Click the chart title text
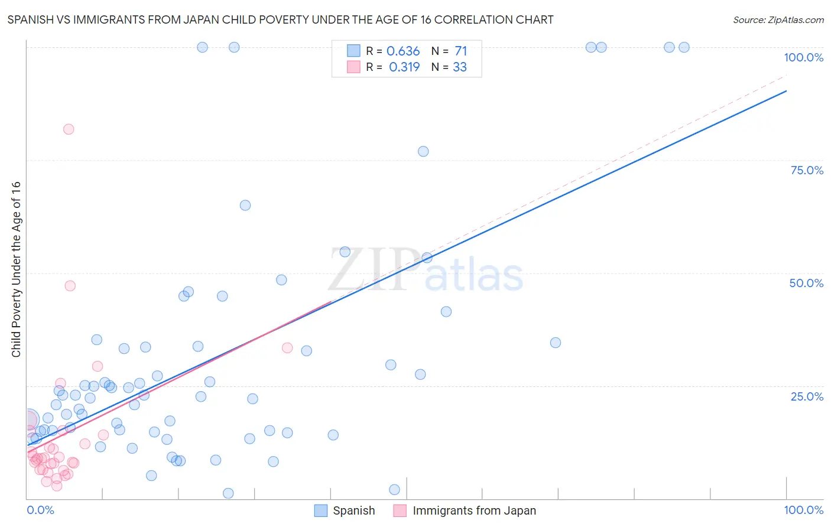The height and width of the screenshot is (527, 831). coord(280,19)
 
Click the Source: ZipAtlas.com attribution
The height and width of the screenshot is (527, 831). coord(778,19)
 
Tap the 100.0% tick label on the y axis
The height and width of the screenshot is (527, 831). coord(803,57)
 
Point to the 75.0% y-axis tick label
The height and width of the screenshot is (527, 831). coord(807,170)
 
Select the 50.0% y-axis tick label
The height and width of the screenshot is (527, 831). coord(806,283)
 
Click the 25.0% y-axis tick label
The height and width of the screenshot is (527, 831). coord(807,396)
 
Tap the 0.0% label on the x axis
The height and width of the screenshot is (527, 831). coord(40,510)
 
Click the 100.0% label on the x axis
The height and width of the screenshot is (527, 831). coord(803,510)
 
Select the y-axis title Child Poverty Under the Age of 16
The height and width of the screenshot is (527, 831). coord(16,269)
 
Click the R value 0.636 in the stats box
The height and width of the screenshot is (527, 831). coord(403,51)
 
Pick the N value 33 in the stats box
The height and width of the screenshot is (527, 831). coord(460,67)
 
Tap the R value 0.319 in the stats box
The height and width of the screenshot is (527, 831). coord(404,67)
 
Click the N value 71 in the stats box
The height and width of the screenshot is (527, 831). coord(461,51)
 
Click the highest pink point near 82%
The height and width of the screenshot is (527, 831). coord(69,129)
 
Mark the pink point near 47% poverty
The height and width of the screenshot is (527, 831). coord(70,286)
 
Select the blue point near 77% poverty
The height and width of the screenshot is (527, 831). coord(423,151)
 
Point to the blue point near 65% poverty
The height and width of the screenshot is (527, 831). coord(245,206)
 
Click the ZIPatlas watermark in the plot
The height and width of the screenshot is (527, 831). coord(426,271)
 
